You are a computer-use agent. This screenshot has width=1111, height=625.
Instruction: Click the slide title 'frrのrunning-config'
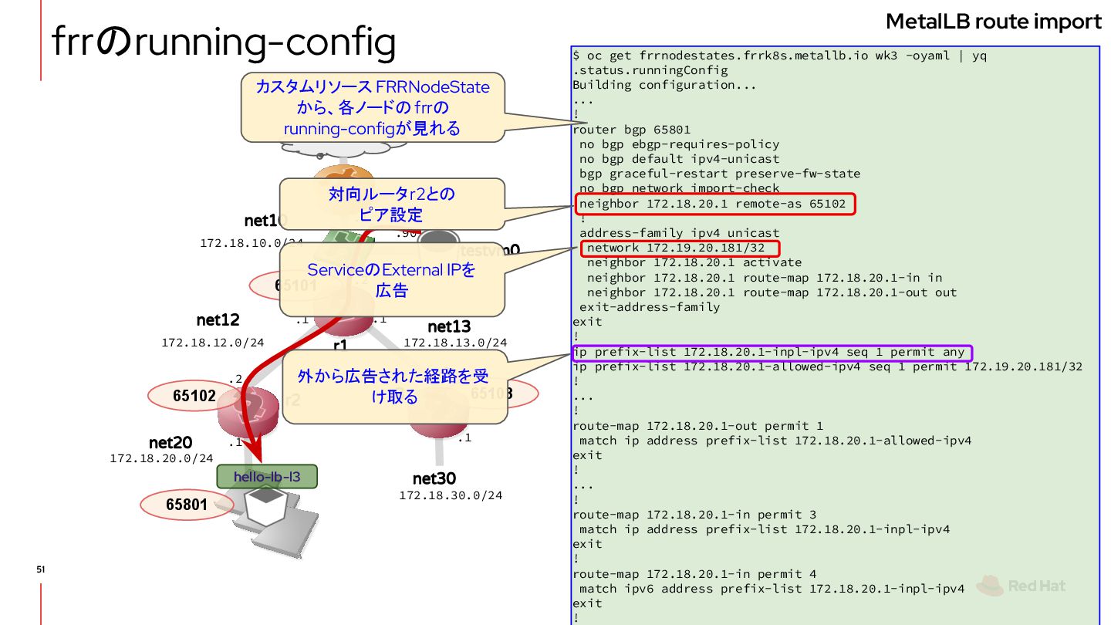(224, 43)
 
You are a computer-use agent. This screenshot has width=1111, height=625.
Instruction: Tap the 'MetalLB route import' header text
(993, 22)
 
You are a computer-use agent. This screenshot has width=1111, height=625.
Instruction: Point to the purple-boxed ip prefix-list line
(772, 353)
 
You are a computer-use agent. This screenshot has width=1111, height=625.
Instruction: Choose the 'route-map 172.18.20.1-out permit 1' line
(697, 426)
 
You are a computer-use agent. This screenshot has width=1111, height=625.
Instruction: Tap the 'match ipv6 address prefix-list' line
(772, 589)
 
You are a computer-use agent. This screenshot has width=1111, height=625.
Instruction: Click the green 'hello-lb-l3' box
(267, 477)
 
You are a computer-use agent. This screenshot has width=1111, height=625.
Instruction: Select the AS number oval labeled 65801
(187, 505)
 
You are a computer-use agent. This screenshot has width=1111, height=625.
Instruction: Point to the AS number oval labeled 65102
(194, 396)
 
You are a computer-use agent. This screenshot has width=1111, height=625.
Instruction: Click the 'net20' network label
(171, 443)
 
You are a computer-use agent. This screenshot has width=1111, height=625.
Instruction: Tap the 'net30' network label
(434, 478)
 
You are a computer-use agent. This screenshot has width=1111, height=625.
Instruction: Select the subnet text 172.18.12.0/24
(212, 342)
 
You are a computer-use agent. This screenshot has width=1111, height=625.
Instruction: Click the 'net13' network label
(449, 326)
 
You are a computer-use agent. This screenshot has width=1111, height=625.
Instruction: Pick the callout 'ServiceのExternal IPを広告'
(391, 280)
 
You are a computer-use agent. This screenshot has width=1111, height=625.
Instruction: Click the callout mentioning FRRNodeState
(373, 107)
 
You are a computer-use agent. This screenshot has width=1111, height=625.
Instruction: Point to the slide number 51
(41, 569)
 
